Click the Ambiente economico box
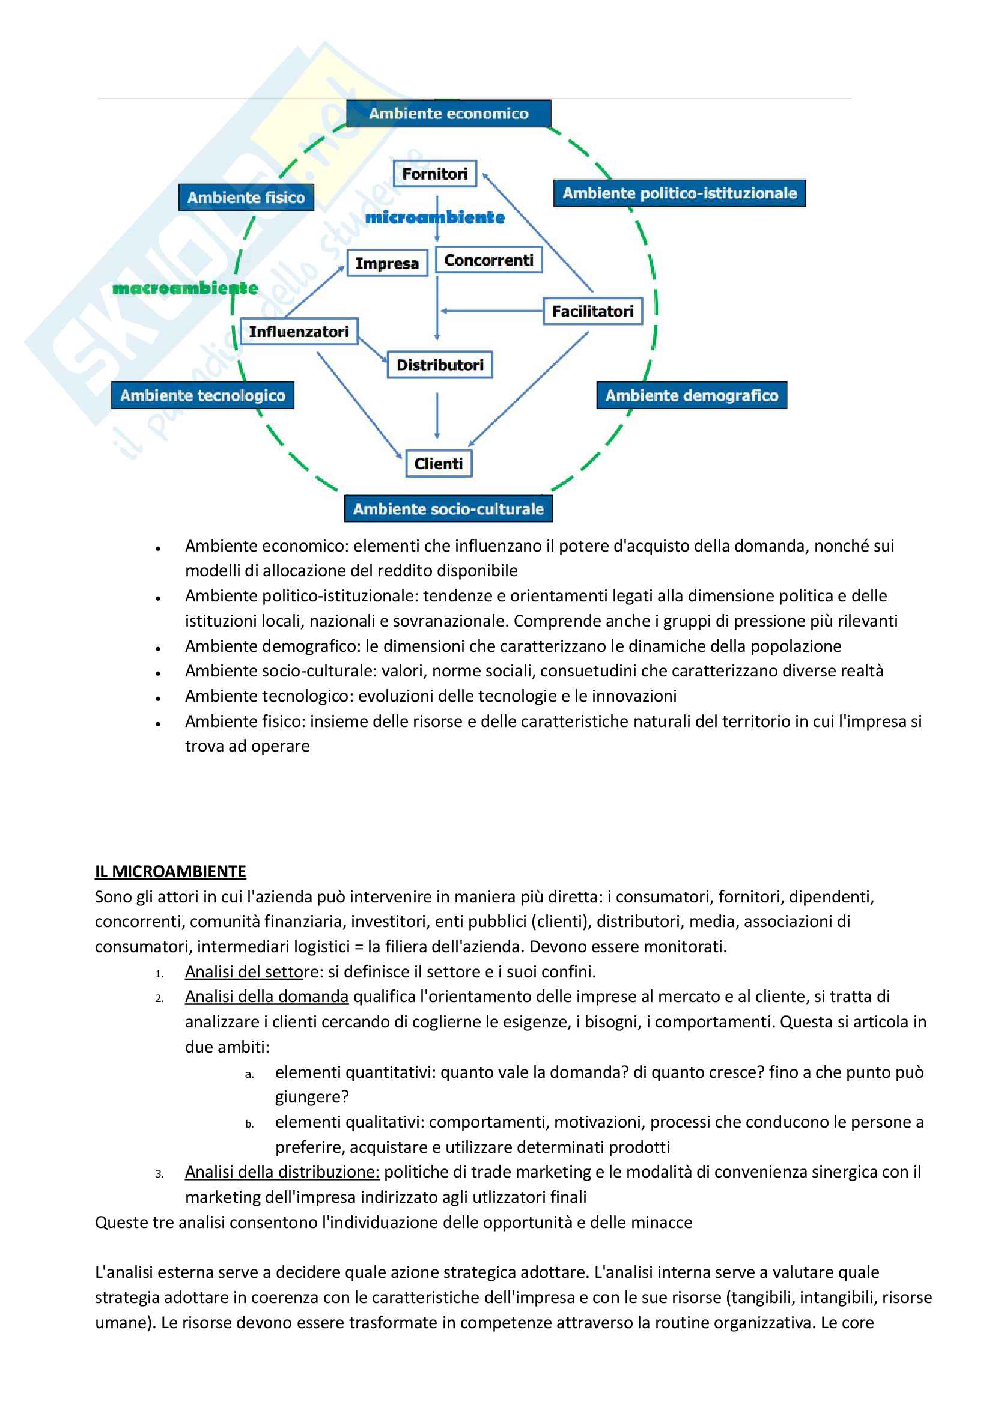pyautogui.click(x=448, y=114)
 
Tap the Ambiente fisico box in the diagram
pyautogui.click(x=246, y=197)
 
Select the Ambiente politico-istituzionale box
pyautogui.click(x=680, y=193)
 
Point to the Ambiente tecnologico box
pyautogui.click(x=202, y=395)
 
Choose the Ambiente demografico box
pyautogui.click(x=692, y=395)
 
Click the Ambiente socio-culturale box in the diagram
pyautogui.click(x=448, y=509)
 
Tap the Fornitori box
pyautogui.click(x=434, y=174)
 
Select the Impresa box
pyautogui.click(x=387, y=264)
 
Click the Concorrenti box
pyautogui.click(x=488, y=261)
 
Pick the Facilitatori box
pyautogui.click(x=593, y=311)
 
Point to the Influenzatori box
pyautogui.click(x=299, y=332)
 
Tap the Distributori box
pyautogui.click(x=440, y=365)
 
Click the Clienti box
pyautogui.click(x=439, y=464)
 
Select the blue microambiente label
pyautogui.click(x=434, y=217)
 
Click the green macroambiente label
pyautogui.click(x=185, y=288)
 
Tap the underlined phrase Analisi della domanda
pyautogui.click(x=267, y=997)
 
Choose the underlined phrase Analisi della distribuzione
pyautogui.click(x=282, y=1171)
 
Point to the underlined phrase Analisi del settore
pyautogui.click(x=252, y=971)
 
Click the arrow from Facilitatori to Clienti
pyautogui.click(x=529, y=389)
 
